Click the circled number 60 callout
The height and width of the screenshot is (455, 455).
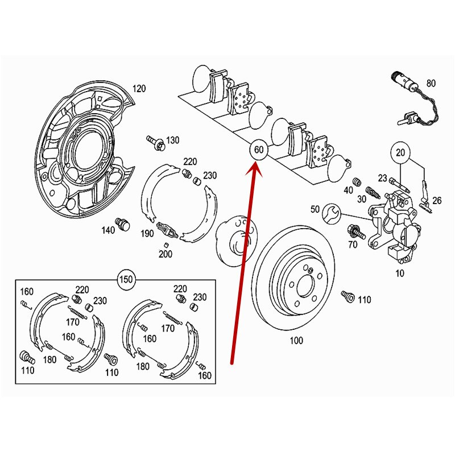tap(258, 151)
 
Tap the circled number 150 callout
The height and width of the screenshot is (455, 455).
tap(127, 280)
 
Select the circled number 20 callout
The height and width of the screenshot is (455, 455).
tap(400, 153)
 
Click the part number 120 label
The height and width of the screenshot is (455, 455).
tap(139, 88)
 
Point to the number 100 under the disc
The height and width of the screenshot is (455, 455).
tap(296, 341)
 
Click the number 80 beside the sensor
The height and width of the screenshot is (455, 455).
tap(431, 84)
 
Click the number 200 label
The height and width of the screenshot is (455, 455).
tap(165, 254)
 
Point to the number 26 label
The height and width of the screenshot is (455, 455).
tap(436, 200)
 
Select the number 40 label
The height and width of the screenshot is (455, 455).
tap(348, 191)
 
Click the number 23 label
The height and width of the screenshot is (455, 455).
tap(382, 179)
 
